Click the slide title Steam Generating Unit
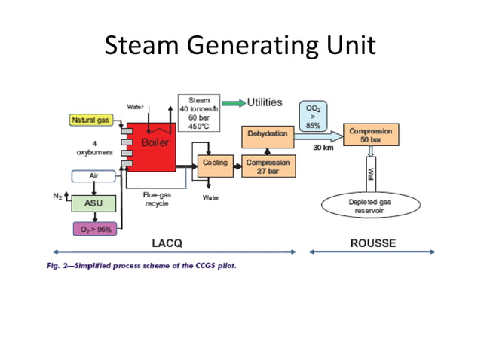click(240, 47)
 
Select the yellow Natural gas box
click(90, 120)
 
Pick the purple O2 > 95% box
click(93, 228)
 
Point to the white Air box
click(93, 175)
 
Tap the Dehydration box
click(267, 134)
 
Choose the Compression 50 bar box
click(370, 135)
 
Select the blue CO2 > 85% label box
click(313, 114)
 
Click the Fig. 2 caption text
click(140, 264)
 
